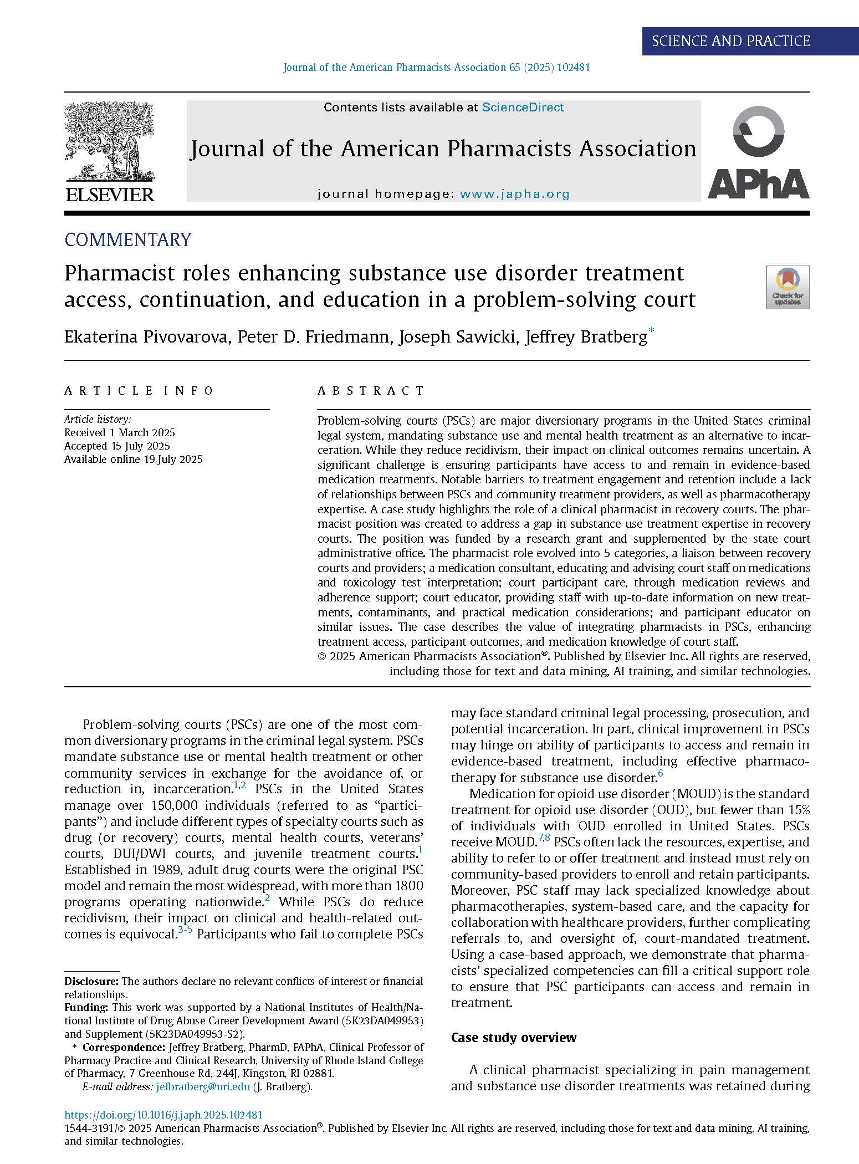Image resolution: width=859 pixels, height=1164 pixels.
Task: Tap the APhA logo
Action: pyautogui.click(x=758, y=152)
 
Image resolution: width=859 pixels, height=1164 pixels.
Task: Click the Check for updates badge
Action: pyautogui.click(x=788, y=287)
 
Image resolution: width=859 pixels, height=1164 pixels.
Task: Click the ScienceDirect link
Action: pyautogui.click(x=523, y=108)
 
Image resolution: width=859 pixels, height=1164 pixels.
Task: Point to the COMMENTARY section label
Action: pyautogui.click(x=128, y=239)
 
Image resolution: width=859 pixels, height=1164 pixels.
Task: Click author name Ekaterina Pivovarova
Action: pyautogui.click(x=146, y=336)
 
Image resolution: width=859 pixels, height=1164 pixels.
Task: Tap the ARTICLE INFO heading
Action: pyautogui.click(x=139, y=391)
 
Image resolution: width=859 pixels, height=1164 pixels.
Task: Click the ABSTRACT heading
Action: pyautogui.click(x=371, y=391)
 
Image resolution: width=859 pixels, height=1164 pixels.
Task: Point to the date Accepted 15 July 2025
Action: pyautogui.click(x=117, y=446)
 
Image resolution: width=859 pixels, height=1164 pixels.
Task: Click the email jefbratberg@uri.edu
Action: pyautogui.click(x=203, y=1087)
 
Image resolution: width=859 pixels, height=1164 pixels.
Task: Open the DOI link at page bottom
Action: pyautogui.click(x=163, y=1115)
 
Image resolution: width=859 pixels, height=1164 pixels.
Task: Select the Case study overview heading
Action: pyautogui.click(x=514, y=1037)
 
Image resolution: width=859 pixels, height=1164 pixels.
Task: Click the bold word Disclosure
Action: pyautogui.click(x=91, y=981)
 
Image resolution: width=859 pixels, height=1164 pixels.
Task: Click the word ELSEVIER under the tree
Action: pyautogui.click(x=110, y=195)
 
